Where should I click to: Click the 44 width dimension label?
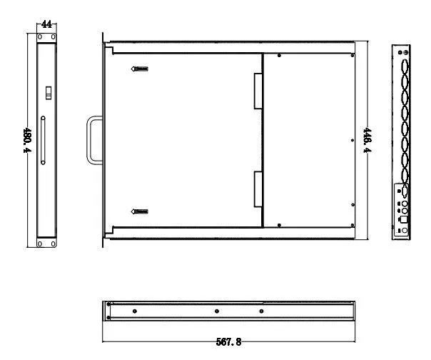(46, 25)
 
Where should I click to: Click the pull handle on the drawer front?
(93, 140)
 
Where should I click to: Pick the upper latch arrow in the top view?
(140, 69)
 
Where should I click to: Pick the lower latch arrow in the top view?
(140, 211)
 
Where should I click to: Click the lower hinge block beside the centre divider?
(257, 189)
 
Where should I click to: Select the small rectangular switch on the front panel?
(48, 93)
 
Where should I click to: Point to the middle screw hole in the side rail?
(215, 311)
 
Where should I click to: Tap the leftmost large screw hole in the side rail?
(134, 311)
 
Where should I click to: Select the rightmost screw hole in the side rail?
(261, 311)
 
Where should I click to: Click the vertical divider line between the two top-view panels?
(263, 140)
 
